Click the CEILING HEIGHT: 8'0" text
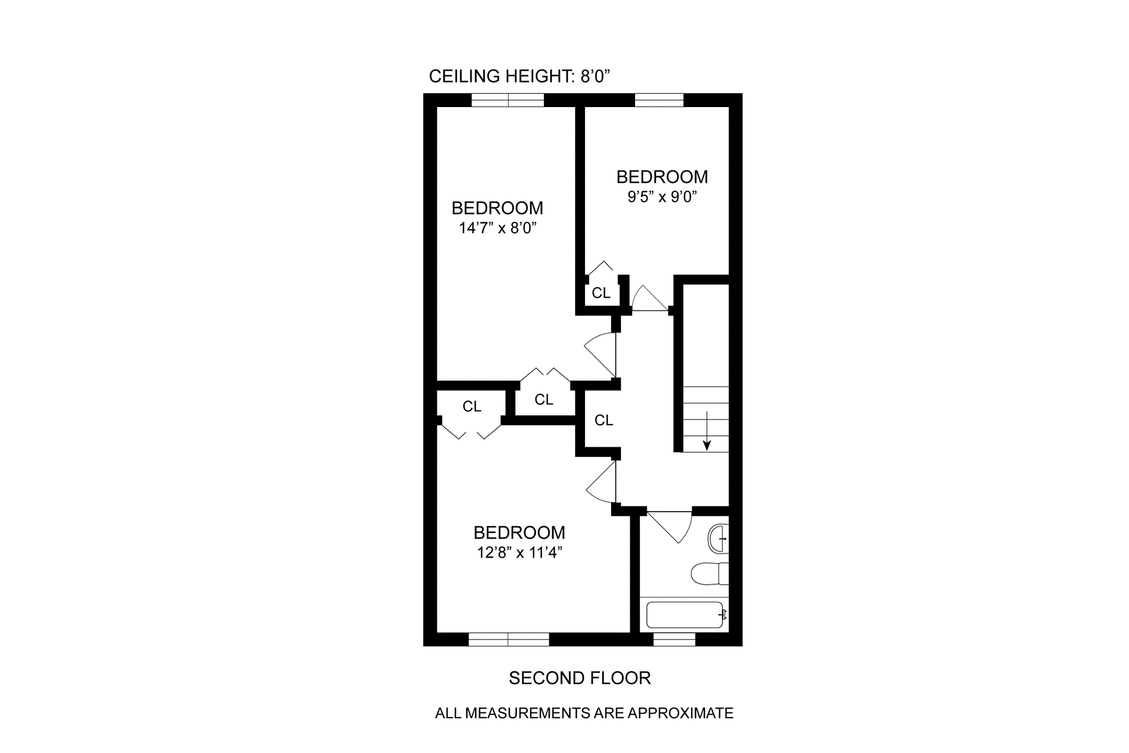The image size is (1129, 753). pos(520,76)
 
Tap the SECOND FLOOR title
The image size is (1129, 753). pos(579,678)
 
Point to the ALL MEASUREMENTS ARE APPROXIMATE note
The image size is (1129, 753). pos(584,713)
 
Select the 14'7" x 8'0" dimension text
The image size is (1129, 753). pos(497,228)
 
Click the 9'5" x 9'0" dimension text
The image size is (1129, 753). pos(662,197)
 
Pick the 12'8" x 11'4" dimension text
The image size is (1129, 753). pos(519,553)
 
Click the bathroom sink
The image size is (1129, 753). pos(719,538)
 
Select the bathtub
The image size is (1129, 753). pos(685,615)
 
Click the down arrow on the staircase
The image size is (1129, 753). pos(707,432)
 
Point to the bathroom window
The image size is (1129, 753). pos(674,639)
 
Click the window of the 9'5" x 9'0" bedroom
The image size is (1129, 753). pos(659,100)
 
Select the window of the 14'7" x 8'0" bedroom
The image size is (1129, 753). pos(508,100)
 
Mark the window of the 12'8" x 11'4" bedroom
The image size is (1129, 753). pos(509,639)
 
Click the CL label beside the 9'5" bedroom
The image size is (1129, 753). pos(601,293)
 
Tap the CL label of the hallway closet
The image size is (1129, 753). pos(604,420)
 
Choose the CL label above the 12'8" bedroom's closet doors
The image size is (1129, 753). pos(472,407)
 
